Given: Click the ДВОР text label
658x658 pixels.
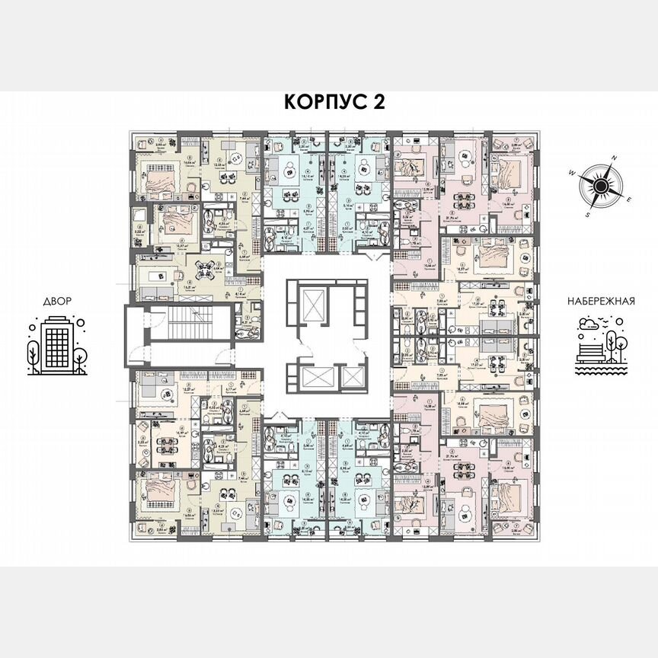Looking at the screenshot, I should (x=53, y=302).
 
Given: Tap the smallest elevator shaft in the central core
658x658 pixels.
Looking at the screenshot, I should (x=350, y=376).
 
